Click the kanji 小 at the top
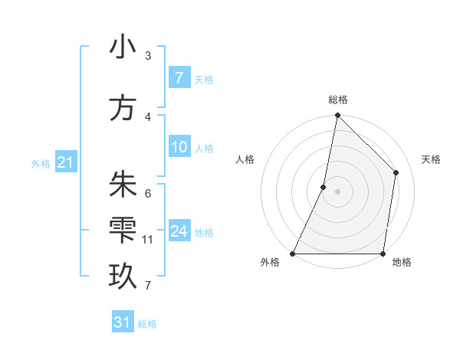coord(123,47)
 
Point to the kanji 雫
coord(123,231)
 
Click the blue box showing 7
coord(179,78)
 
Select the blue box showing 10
coord(179,147)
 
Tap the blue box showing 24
coord(179,231)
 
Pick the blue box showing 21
coord(65,162)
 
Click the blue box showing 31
coord(123,322)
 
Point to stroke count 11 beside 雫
coord(148,240)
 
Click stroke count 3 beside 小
coord(148,56)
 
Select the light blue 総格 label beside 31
coord(147,324)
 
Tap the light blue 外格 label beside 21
coord(41,163)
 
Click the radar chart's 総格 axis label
coord(337,100)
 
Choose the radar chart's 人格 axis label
coord(245,159)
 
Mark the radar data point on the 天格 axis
coord(396,172)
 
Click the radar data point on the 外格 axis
coord(292,254)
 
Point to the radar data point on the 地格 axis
coord(383,254)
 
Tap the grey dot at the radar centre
coord(337,191)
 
